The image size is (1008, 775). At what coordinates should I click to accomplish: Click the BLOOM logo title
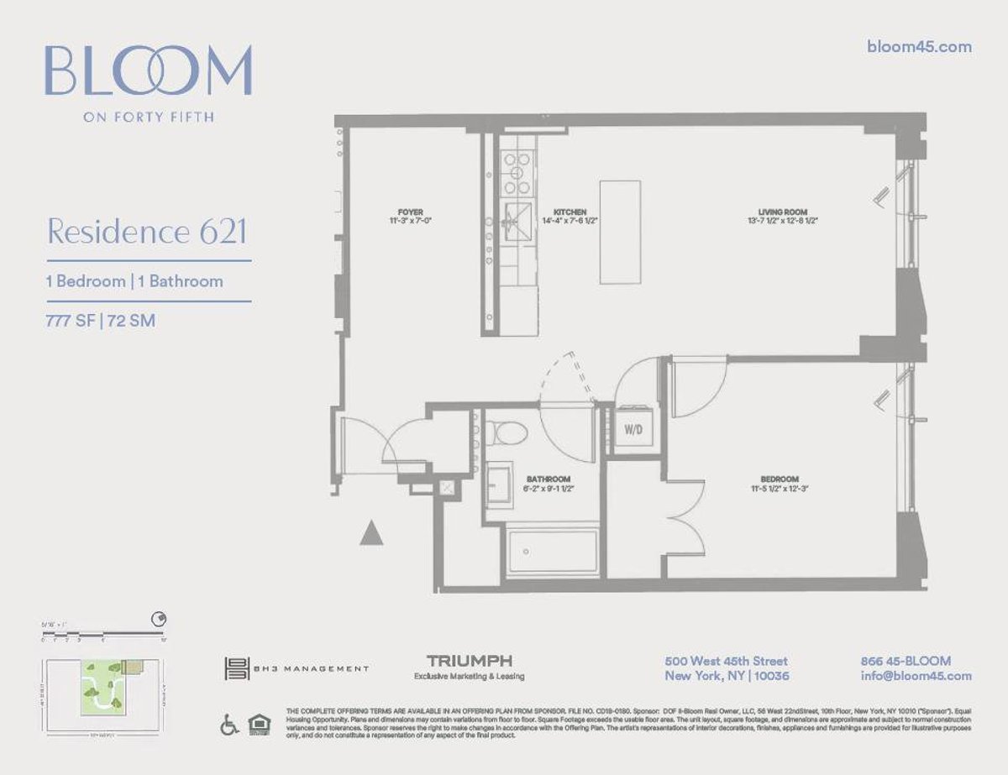coord(148,71)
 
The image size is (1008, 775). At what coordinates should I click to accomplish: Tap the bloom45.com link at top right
coord(918,47)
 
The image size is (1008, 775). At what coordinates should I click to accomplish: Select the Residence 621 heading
coord(147,231)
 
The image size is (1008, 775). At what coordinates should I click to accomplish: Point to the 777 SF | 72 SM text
coord(100,320)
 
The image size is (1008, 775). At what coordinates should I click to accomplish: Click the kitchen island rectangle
coord(620,232)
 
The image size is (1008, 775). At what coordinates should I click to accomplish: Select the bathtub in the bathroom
coord(552,552)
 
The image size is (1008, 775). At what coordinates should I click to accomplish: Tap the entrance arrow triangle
coord(371,533)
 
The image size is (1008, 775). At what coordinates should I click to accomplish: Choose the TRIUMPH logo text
coord(469,661)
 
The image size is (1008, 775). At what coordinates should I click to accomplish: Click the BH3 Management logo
coord(297,668)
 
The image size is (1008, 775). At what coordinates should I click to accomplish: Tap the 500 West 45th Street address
coord(726,661)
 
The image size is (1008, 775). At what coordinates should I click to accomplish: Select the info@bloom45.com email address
coord(916,676)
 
